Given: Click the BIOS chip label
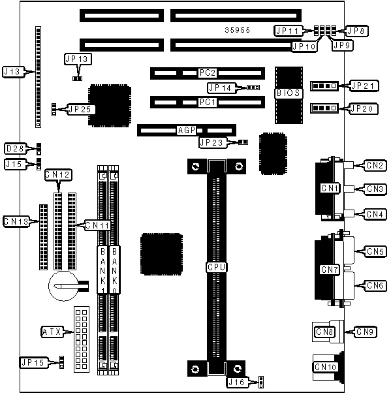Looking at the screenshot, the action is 288,93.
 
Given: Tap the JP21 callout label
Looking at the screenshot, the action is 363,86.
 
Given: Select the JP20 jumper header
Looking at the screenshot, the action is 324,108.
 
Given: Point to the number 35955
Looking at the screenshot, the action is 238,30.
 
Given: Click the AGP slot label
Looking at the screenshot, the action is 186,130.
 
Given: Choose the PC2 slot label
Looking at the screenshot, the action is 208,73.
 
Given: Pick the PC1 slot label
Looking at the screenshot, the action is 208,102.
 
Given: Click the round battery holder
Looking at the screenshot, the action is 64,286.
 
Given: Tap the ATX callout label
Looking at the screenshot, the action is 52,332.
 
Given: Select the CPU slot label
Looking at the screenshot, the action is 217,267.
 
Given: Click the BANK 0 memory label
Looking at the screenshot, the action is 114,270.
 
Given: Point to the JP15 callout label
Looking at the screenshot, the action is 33,362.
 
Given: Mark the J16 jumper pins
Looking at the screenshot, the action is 261,382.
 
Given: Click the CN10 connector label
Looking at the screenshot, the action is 325,367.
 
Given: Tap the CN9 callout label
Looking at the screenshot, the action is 365,332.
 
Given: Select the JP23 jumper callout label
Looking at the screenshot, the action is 212,142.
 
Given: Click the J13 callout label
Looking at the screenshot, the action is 14,72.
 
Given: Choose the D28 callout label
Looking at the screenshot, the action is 16,149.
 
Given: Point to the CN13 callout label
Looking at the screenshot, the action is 16,221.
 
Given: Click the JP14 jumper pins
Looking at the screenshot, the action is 253,87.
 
